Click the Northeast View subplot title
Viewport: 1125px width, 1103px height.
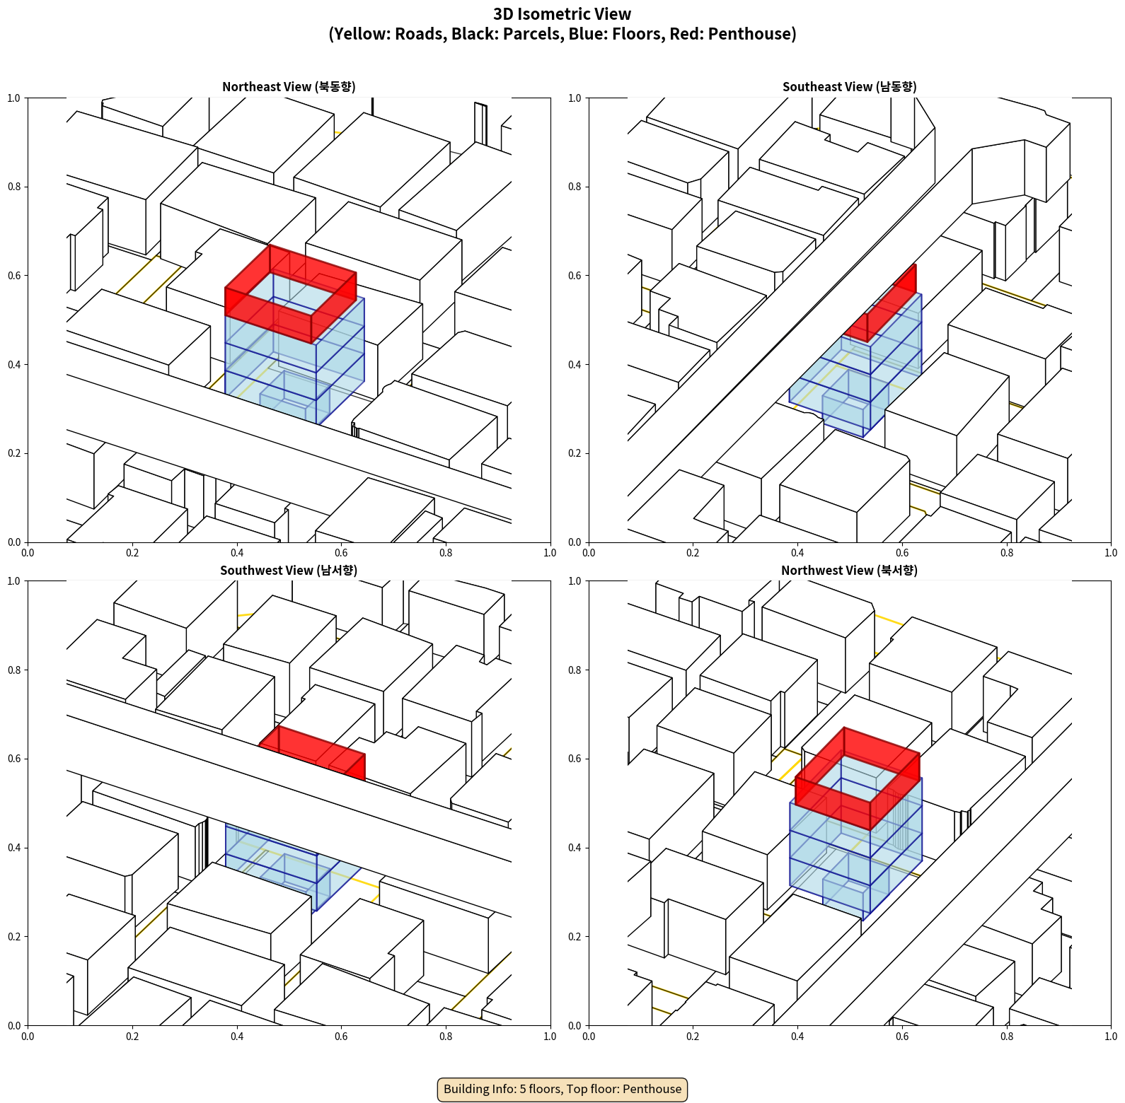point(289,86)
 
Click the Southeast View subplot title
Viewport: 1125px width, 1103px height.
point(849,86)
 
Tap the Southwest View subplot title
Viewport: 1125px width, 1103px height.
point(289,570)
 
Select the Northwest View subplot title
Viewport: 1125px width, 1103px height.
point(849,570)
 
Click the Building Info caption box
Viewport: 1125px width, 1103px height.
point(562,1089)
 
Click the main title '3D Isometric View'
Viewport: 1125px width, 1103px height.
point(562,14)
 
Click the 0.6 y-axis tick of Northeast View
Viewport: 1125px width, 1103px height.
point(14,276)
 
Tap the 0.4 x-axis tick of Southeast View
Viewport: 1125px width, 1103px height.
point(797,552)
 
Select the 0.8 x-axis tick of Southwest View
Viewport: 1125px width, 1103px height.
point(446,1036)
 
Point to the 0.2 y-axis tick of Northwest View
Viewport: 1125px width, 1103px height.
point(575,937)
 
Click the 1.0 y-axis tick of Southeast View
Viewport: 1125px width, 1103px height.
point(575,98)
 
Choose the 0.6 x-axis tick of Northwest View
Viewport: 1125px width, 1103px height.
point(902,1036)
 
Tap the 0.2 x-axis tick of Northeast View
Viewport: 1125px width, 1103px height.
point(132,552)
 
